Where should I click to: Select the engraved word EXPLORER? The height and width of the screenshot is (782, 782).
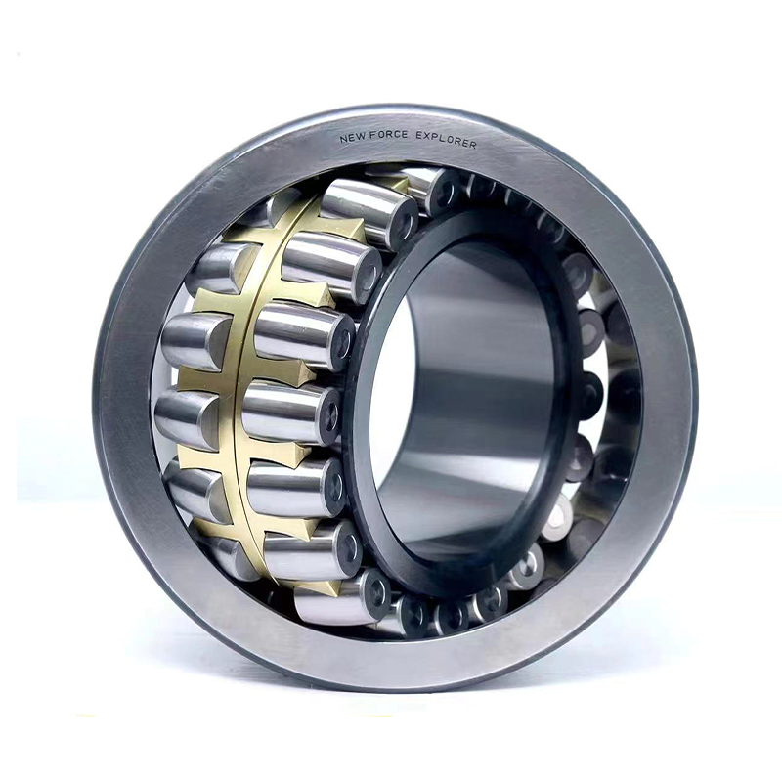pyautogui.click(x=446, y=140)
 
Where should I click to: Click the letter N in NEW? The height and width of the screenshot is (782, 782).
pyautogui.click(x=343, y=139)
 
